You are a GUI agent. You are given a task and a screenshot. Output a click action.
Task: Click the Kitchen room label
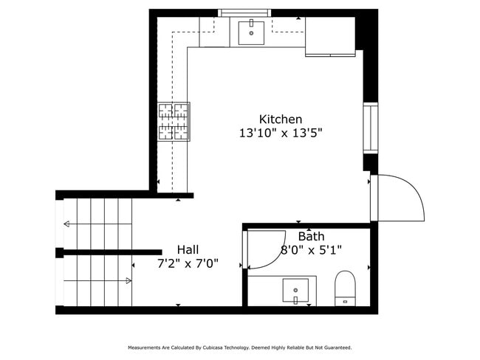[x=280, y=119]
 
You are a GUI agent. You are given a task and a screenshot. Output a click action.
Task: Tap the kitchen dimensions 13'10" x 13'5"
[x=280, y=134]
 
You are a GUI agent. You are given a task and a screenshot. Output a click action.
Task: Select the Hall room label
[x=188, y=250]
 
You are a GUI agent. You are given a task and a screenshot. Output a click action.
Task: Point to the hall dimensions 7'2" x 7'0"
[x=188, y=263]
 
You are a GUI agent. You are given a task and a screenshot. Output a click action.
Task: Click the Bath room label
[x=311, y=237]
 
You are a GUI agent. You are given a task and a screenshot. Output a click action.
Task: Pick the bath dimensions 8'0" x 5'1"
[x=311, y=250]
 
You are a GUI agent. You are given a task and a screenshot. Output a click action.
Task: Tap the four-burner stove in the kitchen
[x=174, y=122]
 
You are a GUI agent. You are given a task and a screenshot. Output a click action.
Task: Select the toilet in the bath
[x=345, y=288]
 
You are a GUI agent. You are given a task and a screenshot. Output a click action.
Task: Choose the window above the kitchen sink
[x=246, y=13]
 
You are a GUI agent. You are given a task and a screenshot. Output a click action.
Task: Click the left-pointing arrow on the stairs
[x=66, y=224]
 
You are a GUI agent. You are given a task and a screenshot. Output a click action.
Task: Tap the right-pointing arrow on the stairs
[x=128, y=280]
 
